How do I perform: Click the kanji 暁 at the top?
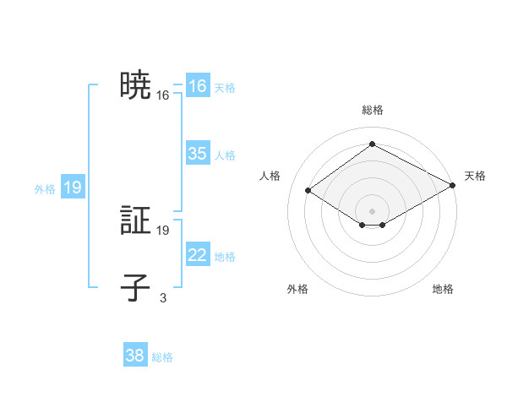point(135,86)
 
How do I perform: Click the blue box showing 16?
point(198,86)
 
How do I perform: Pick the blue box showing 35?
point(198,154)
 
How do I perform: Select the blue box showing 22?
point(198,255)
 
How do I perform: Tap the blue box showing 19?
point(73,188)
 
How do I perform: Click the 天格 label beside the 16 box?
point(225,87)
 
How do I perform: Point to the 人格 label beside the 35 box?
point(225,155)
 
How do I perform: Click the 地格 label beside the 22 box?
point(225,256)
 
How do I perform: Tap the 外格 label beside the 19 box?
point(45,189)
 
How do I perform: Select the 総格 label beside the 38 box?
point(162,357)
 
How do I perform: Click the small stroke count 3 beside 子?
point(163,296)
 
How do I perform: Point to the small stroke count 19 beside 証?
point(163,230)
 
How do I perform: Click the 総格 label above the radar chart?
point(372,110)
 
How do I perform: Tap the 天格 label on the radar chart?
point(475,176)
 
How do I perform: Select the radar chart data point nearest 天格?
point(454,186)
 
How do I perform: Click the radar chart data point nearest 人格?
point(308,191)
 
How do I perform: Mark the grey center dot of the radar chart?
point(372,210)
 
